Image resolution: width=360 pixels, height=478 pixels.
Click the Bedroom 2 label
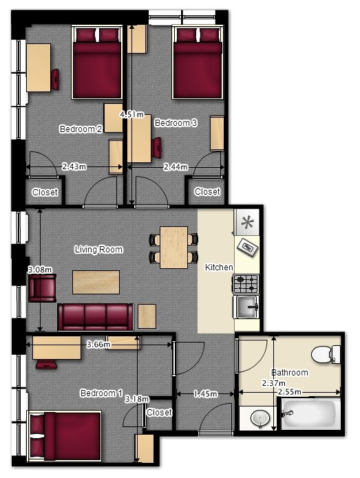tap(81, 129)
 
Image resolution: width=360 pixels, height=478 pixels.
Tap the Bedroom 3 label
tap(176, 123)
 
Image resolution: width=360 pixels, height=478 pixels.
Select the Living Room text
tap(99, 250)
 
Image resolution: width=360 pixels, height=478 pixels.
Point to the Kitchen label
tap(219, 268)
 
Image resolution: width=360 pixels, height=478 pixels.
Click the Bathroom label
tap(290, 373)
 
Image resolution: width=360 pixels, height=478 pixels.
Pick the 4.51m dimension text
tap(131, 115)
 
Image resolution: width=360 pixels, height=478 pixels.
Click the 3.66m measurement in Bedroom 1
tap(98, 345)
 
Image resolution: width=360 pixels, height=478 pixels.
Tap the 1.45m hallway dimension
tap(206, 394)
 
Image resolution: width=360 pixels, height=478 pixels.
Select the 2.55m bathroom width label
tap(289, 392)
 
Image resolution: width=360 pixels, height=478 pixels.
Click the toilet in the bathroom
tap(326, 354)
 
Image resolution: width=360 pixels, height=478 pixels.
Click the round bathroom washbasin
tap(260, 417)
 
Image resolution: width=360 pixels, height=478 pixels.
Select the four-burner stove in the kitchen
tap(246, 284)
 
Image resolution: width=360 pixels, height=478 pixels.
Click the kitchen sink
tap(246, 307)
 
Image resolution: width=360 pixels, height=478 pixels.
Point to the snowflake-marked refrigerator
tap(246, 222)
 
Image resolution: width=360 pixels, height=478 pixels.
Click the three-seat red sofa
tap(96, 317)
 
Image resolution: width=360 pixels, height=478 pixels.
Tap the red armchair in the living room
tap(42, 288)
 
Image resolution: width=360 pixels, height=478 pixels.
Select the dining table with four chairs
tap(173, 247)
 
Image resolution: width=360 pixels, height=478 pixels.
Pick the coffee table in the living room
tap(96, 282)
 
